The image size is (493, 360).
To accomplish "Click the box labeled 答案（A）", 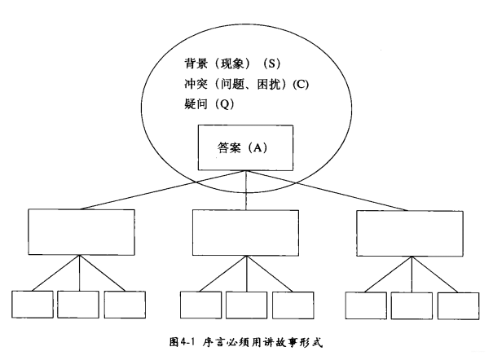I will (244, 148).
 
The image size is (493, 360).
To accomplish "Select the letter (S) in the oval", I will (279, 63).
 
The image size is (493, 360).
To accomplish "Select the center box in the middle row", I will (244, 233).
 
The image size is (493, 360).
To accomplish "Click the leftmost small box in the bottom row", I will (32, 304).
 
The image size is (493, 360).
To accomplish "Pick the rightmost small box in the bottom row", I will (458, 304).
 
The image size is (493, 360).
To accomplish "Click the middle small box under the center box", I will (246, 304).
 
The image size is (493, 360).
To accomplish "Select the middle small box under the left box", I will (78, 304).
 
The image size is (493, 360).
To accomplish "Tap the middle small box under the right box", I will (412, 304).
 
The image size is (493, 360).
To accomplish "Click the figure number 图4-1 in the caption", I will (188, 343).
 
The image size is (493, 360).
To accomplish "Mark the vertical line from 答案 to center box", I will (244, 191).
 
